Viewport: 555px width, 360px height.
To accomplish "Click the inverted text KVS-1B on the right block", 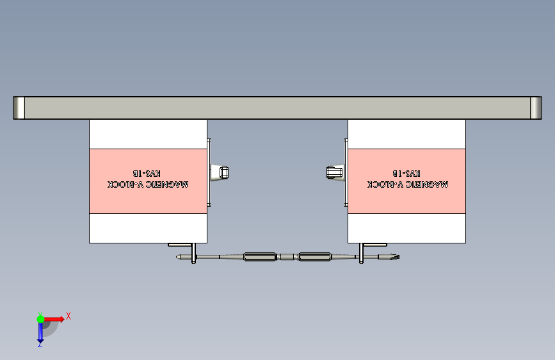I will (406, 174).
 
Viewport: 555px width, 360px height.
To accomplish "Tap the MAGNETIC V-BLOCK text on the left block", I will (148, 184).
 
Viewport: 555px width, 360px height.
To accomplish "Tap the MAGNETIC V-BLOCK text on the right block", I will (407, 184).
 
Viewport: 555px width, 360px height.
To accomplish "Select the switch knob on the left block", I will (220, 172).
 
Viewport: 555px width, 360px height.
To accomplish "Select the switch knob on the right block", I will (334, 172).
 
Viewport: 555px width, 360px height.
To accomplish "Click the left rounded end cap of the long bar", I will (19, 108).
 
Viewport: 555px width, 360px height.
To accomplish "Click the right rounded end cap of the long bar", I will (536, 108).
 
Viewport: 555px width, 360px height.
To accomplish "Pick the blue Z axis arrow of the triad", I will (40, 333).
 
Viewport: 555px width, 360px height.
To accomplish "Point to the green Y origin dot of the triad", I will (40, 318).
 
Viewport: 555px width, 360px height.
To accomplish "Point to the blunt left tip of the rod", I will (181, 258).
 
